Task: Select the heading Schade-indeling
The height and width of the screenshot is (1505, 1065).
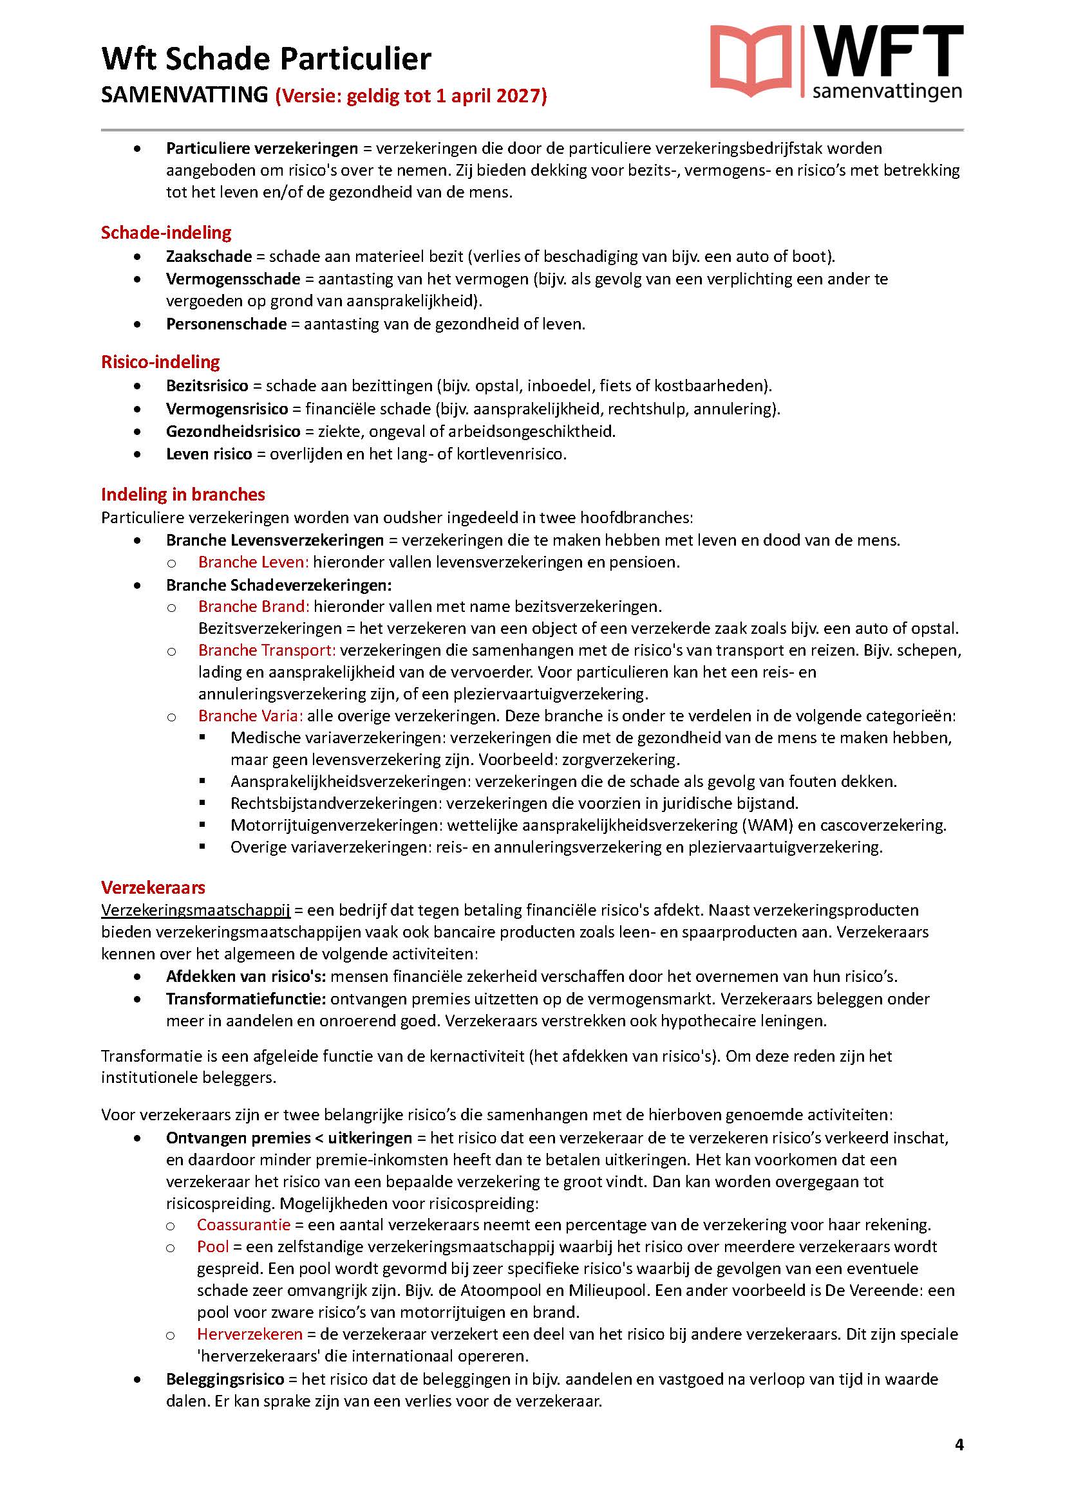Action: tap(166, 233)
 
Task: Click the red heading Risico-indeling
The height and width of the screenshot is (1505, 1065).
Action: tap(160, 362)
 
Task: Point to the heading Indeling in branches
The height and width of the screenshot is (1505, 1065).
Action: tap(183, 494)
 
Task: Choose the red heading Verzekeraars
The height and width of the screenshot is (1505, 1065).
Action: tap(153, 887)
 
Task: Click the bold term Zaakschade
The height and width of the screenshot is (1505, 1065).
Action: tap(209, 256)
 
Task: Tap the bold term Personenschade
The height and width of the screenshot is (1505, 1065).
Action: tap(225, 324)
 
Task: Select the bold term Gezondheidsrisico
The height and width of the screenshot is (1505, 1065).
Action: tap(233, 431)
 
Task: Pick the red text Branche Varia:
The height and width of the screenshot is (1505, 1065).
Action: tap(250, 716)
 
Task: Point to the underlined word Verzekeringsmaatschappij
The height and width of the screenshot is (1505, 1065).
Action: tap(196, 910)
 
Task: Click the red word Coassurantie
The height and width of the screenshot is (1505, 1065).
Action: tap(243, 1224)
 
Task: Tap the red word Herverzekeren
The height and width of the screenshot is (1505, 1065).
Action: tap(250, 1334)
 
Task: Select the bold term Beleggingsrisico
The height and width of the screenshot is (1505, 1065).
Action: tap(225, 1379)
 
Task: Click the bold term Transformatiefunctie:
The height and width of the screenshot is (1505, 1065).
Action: tap(246, 999)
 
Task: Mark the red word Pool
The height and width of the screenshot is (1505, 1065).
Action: tap(212, 1246)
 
